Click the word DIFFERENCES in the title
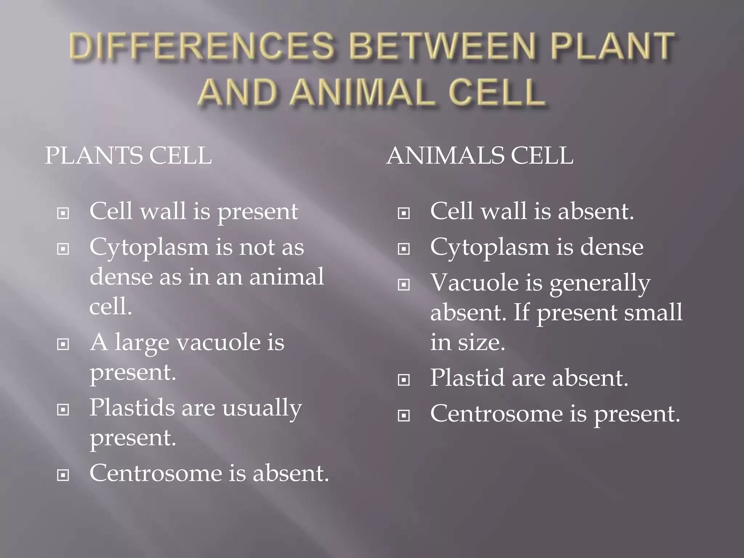201,46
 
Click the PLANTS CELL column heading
128,156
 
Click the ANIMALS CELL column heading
480,156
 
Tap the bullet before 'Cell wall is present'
63,213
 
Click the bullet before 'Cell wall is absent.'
404,213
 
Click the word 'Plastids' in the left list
132,408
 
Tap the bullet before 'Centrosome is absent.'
63,475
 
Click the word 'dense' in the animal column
612,247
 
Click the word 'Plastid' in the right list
468,378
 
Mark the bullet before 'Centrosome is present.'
404,416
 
